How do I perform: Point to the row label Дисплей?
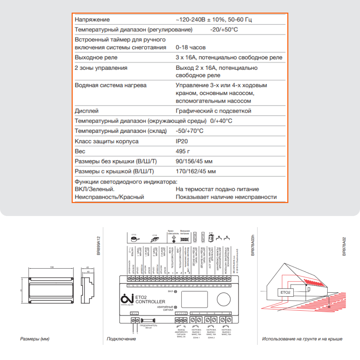[x=86, y=111]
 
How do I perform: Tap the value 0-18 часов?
[x=190, y=47]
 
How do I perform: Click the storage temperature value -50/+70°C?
[x=189, y=131]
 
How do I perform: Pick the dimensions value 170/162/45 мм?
[x=196, y=171]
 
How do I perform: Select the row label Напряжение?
[x=92, y=19]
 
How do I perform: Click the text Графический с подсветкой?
[x=213, y=111]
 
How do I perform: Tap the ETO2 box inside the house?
[x=285, y=292]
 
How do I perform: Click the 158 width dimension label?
[x=51, y=267]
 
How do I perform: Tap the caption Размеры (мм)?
[x=35, y=339]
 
